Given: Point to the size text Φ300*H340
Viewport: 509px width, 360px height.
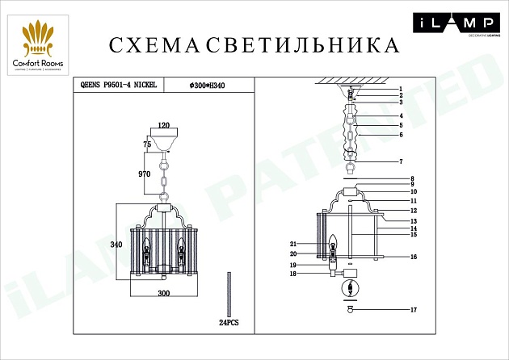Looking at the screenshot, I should [x=206, y=84].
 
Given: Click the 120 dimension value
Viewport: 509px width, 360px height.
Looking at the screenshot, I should [x=164, y=125].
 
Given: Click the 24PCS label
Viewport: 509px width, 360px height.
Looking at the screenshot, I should [x=229, y=321].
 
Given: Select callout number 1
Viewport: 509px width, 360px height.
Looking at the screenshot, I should [x=399, y=87].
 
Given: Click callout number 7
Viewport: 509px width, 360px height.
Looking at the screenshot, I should [x=399, y=162].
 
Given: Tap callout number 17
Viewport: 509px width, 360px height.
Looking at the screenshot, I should [x=412, y=310].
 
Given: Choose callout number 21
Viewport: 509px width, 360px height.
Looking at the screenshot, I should [x=294, y=243].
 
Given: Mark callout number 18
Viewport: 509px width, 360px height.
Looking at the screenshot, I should [x=294, y=274].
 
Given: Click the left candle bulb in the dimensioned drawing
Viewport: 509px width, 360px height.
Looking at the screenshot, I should [x=147, y=245].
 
